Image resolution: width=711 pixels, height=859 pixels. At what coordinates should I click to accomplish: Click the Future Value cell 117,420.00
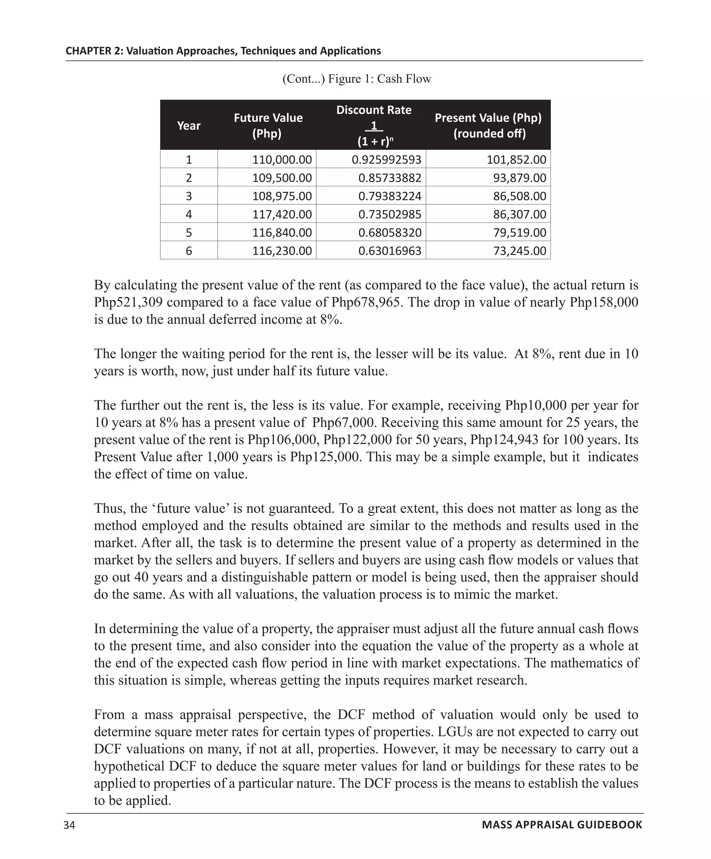(282, 214)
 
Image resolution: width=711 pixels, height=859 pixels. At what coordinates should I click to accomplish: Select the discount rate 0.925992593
(386, 160)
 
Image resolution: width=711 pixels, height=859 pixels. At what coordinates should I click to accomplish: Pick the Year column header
(189, 126)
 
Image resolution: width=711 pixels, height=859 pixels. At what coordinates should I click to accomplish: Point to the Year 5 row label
(189, 233)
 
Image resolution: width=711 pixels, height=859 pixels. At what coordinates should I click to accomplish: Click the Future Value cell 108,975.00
(282, 196)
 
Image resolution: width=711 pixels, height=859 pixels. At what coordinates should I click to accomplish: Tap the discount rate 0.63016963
(389, 251)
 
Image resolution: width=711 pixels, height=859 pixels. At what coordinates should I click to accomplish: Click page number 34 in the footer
(69, 825)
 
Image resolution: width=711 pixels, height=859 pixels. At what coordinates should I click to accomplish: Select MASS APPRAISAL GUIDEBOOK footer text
(562, 825)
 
